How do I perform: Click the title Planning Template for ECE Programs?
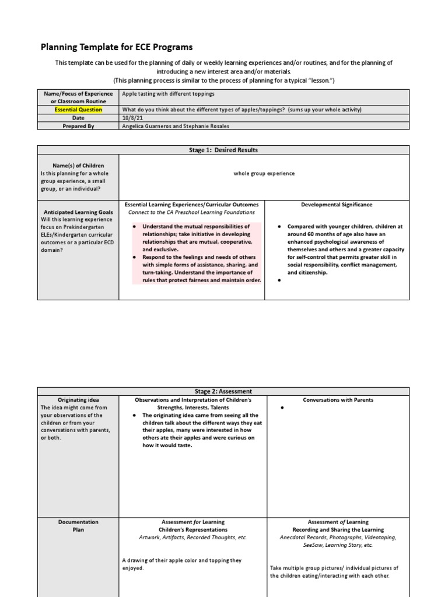[x=116, y=47]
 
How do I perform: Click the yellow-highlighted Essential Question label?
[x=78, y=110]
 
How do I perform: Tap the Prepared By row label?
[x=78, y=125]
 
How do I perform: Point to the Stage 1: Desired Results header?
[x=223, y=150]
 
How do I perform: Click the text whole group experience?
[x=264, y=173]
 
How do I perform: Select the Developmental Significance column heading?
[x=337, y=205]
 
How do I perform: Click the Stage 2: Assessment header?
[x=223, y=391]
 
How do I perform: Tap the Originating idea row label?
[x=78, y=399]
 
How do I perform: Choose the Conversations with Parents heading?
[x=338, y=400]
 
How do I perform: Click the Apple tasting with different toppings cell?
[x=168, y=93]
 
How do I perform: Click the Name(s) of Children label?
[x=78, y=166]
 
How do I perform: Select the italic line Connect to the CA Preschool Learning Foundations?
[x=192, y=212]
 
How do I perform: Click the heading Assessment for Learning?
[x=192, y=522]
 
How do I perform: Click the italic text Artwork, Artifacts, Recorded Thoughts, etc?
[x=192, y=537]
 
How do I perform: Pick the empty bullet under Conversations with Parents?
[x=282, y=408]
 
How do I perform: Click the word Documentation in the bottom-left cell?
[x=78, y=522]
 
